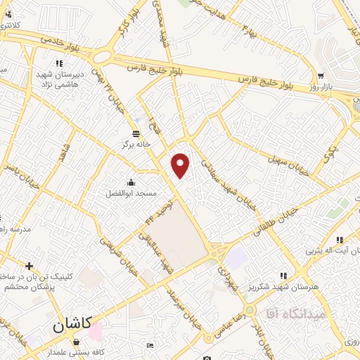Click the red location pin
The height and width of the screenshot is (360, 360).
(x=181, y=165)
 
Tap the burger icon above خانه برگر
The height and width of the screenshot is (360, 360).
(x=136, y=133)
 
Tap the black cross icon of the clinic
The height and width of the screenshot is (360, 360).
(x=29, y=266)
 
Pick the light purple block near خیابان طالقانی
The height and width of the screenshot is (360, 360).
(x=237, y=258)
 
